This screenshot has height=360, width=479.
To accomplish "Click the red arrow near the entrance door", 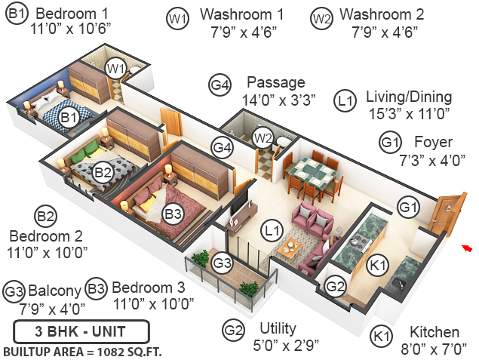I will click(x=467, y=248).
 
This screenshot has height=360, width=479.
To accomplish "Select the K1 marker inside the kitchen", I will click(x=376, y=265).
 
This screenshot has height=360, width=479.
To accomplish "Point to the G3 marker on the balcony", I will click(x=221, y=263).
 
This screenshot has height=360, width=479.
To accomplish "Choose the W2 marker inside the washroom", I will click(x=263, y=137).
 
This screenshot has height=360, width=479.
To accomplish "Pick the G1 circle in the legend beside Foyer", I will click(x=389, y=143).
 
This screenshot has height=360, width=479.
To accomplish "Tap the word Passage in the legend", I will click(x=276, y=82).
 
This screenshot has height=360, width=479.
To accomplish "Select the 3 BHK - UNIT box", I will click(x=80, y=331).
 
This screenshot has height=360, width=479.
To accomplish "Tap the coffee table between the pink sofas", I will click(x=290, y=245).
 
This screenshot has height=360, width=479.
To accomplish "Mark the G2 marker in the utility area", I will click(x=336, y=286).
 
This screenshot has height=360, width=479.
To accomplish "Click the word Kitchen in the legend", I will click(x=434, y=332).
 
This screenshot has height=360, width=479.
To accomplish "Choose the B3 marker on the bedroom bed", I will click(x=173, y=214).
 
